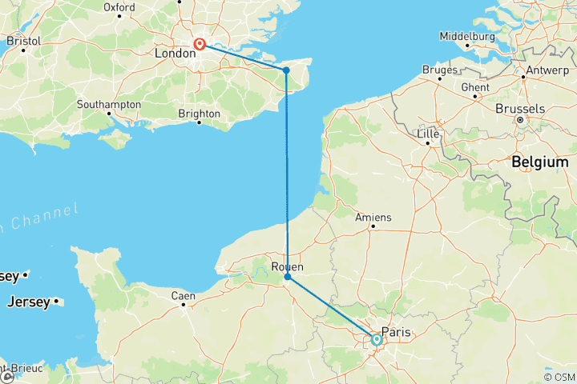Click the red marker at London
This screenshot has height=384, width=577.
[199, 46]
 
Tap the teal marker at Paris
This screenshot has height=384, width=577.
[376, 340]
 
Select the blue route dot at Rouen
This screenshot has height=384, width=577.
[287, 277]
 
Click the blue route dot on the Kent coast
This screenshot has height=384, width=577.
[286, 70]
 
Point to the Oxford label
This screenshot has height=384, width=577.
[119, 7]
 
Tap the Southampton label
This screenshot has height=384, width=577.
[109, 105]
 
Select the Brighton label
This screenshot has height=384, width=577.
[199, 114]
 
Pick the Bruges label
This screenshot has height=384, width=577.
[438, 70]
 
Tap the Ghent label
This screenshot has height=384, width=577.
[475, 86]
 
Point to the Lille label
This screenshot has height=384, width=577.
[429, 135]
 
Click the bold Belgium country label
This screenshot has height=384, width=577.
[540, 162]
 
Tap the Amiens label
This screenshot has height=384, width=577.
[373, 217]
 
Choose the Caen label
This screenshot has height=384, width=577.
[183, 296]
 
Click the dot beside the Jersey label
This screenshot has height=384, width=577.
[57, 302]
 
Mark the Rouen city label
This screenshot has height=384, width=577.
[287, 267]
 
